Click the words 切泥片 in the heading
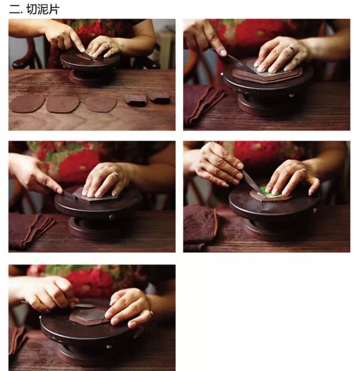(x=43, y=9)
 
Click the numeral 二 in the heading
(x=15, y=10)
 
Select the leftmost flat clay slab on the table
(x=27, y=104)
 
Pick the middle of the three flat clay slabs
(x=63, y=104)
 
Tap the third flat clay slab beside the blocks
(x=101, y=104)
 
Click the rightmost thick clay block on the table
(x=159, y=98)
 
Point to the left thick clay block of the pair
(x=135, y=100)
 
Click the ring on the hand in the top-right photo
(x=292, y=49)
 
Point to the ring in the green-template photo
(x=304, y=170)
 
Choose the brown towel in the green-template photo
(x=200, y=226)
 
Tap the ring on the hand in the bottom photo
(x=150, y=313)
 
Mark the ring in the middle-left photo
(x=116, y=174)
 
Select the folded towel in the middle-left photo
(x=30, y=231)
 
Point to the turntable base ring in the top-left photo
(x=91, y=78)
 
